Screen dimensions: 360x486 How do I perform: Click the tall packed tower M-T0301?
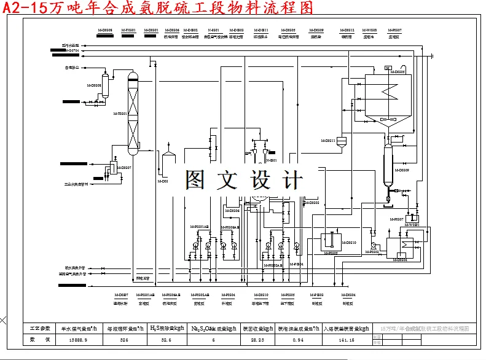[132, 114]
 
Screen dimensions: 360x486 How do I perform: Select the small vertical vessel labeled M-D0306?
[105, 86]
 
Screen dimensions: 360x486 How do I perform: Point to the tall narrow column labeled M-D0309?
[388, 166]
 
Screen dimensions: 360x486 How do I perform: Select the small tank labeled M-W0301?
[411, 217]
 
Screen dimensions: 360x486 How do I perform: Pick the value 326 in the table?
[123, 339]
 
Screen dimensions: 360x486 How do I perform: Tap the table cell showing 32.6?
[166, 339]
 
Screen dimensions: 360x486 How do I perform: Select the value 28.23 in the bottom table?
[258, 339]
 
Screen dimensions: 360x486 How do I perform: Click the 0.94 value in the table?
[299, 339]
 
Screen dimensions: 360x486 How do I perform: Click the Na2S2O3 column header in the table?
[213, 328]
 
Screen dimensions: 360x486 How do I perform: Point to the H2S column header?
[166, 328]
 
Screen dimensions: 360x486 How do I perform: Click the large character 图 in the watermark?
[198, 179]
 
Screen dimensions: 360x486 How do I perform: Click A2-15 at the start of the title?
[23, 7]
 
